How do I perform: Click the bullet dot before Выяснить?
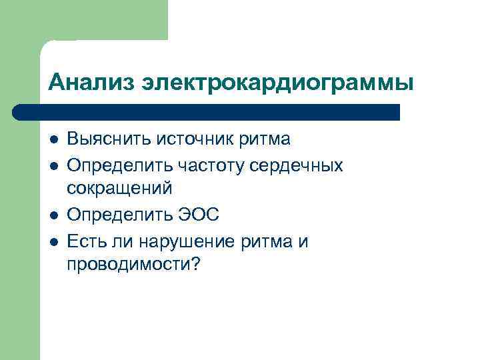click(x=53, y=140)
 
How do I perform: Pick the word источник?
click(x=193, y=140)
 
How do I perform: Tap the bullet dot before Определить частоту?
click(x=53, y=165)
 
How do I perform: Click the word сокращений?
click(x=119, y=189)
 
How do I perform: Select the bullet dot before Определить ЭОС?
click(x=53, y=215)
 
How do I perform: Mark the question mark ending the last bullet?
click(x=195, y=265)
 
